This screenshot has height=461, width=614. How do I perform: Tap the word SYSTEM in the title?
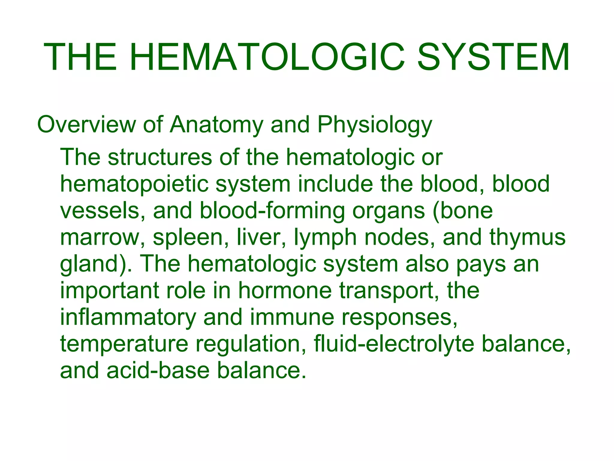coord(493,57)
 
